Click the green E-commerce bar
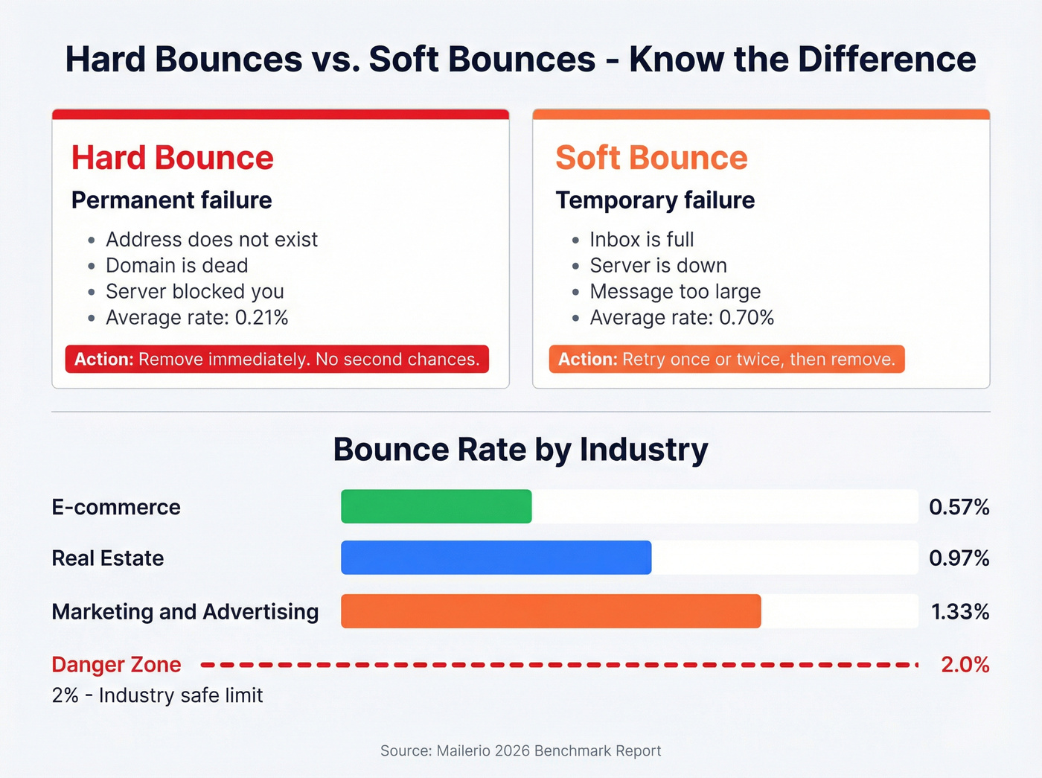pos(436,506)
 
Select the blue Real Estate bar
pos(496,558)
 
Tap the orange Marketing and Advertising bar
pos(551,611)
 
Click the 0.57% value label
pos(959,507)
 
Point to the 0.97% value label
pos(959,558)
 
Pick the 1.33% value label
pos(960,612)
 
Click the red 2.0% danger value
pos(965,664)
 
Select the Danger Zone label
pos(116,664)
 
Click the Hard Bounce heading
pos(173,158)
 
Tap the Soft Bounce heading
pos(651,158)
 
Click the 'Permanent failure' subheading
pos(171,200)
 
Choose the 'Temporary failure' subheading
pos(655,200)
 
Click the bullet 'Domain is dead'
pos(176,266)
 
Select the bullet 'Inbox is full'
pos(642,240)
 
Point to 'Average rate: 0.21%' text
pos(196,318)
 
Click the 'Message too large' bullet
pos(675,292)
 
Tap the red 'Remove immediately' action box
pos(277,359)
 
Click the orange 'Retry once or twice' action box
pos(726,359)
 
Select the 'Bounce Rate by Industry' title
pos(520,450)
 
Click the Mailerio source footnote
pos(520,750)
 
